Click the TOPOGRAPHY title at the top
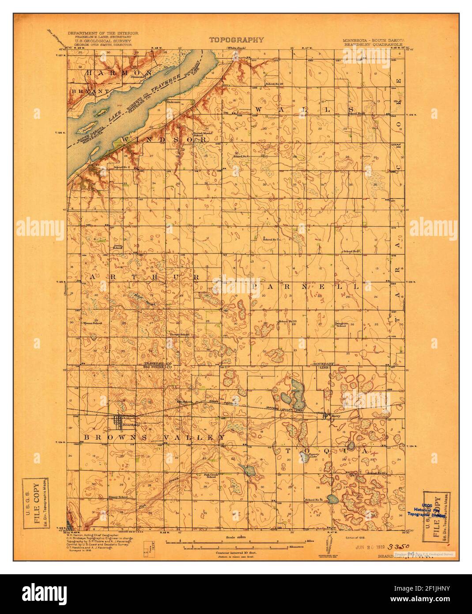(x=236, y=40)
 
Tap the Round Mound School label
(x=198, y=134)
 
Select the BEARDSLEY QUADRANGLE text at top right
(x=374, y=45)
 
